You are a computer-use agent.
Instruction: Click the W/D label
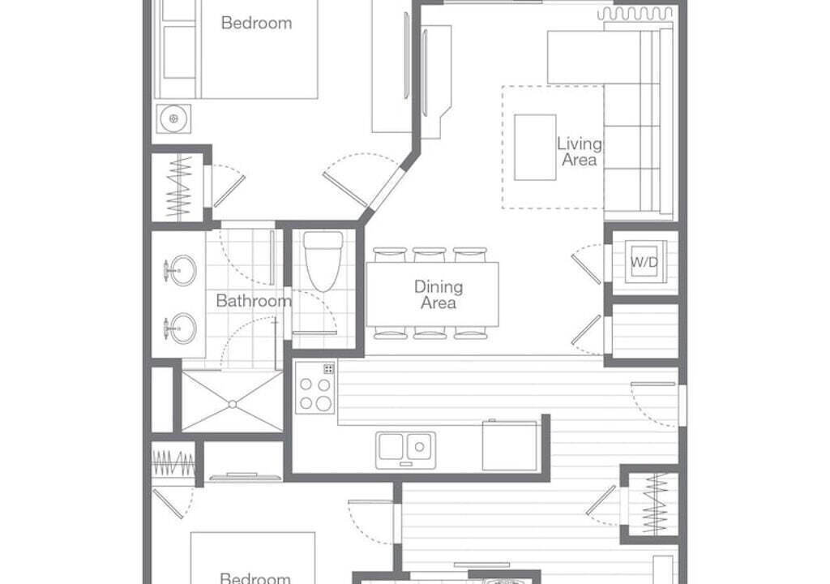pos(644,262)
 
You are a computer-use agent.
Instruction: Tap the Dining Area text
pos(439,294)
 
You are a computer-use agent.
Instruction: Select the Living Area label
pos(579,152)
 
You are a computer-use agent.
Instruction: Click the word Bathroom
pos(254,301)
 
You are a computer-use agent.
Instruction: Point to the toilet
pos(323,261)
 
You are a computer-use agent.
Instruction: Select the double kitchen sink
pos(406,450)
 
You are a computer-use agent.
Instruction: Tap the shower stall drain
pos(233,405)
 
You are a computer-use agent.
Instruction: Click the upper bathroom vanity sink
pos(179,270)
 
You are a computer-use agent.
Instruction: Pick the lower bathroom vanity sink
pos(179,328)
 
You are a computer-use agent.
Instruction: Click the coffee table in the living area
pos(535,148)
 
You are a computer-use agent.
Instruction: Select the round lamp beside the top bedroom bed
pos(173,118)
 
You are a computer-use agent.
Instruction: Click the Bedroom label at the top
pos(256,23)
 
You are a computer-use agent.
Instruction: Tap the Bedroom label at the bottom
pos(255,578)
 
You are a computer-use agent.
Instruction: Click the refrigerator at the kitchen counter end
pos(509,445)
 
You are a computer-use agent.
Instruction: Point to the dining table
pos(433,294)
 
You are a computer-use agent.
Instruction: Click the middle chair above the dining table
pos(430,255)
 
